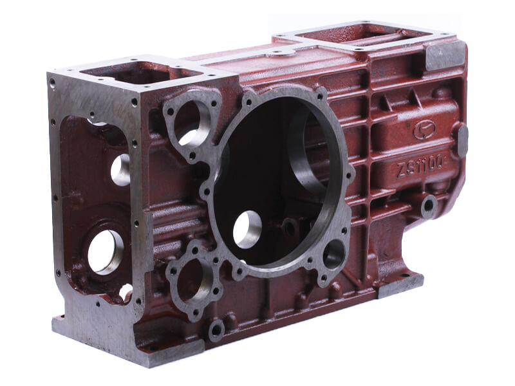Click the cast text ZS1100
[x=422, y=167]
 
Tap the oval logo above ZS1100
[x=424, y=130]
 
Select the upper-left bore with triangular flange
[x=191, y=123]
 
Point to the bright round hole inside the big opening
[x=247, y=229]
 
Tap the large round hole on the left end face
[x=105, y=252]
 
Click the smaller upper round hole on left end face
[x=120, y=170]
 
